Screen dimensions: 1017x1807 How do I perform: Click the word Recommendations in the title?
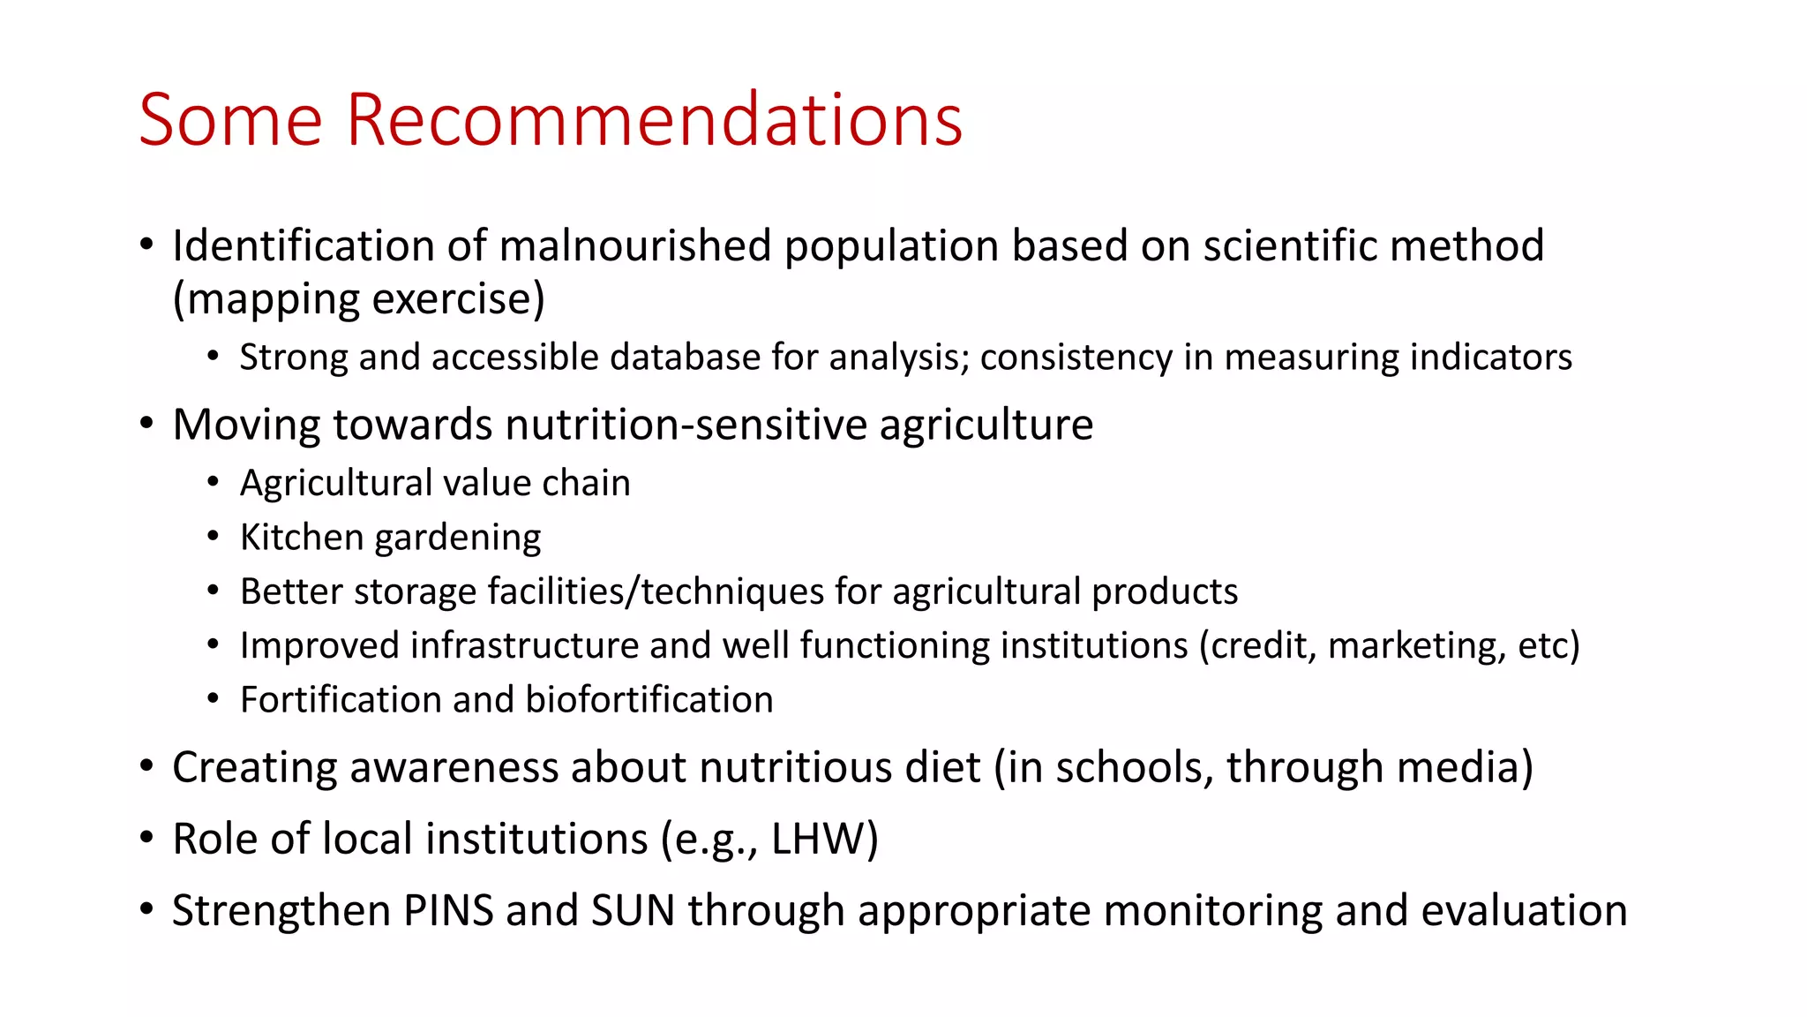point(654,119)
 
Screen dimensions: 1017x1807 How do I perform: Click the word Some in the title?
point(231,119)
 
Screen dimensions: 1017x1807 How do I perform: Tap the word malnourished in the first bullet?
point(635,245)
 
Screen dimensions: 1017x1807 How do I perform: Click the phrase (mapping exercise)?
point(358,299)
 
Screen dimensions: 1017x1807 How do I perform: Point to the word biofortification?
point(649,700)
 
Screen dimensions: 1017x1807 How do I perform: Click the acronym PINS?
point(448,910)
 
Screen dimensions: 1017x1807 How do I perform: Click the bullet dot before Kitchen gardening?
point(213,537)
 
